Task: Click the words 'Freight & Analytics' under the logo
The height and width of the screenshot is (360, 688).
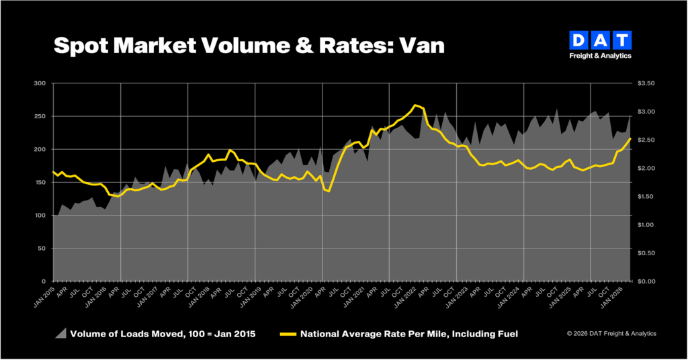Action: click(x=600, y=56)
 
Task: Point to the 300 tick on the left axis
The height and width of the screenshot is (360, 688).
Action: click(x=40, y=83)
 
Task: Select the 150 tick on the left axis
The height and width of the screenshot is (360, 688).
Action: click(x=40, y=182)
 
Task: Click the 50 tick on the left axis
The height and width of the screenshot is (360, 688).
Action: click(x=42, y=249)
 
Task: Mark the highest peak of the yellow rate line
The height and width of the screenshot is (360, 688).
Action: click(x=416, y=105)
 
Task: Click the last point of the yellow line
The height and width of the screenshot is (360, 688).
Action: click(x=630, y=138)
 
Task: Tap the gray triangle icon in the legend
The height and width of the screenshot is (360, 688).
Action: click(x=61, y=333)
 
